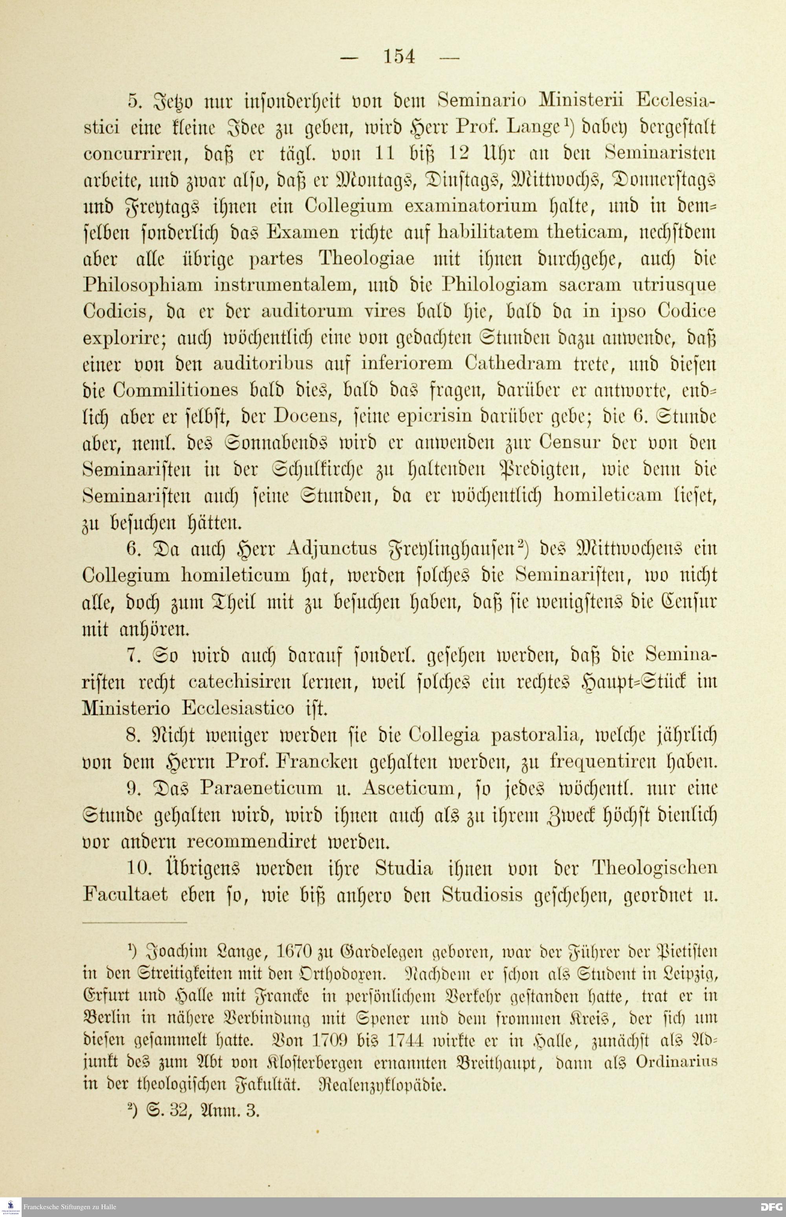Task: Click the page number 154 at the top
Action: coord(399,56)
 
